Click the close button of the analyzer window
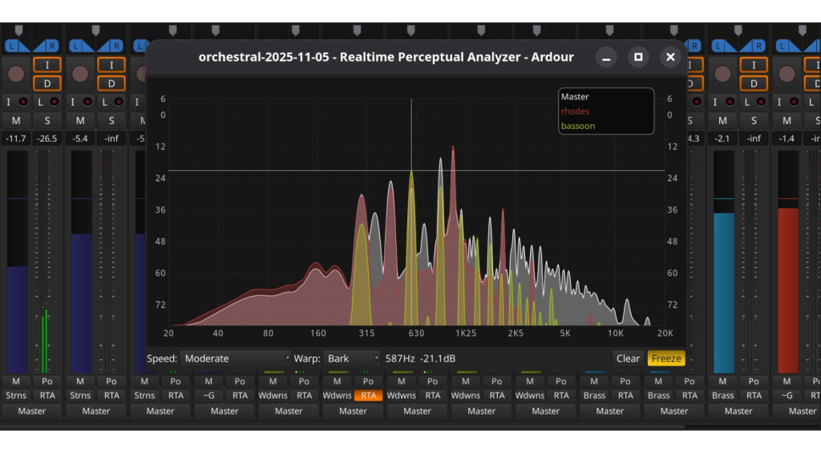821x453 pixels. pyautogui.click(x=670, y=57)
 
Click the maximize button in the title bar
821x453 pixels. pyautogui.click(x=638, y=57)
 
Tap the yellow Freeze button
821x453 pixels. pyautogui.click(x=666, y=358)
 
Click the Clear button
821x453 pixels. pyautogui.click(x=628, y=358)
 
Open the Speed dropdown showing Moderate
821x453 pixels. pyautogui.click(x=236, y=358)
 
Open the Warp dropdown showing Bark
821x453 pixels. pyautogui.click(x=353, y=358)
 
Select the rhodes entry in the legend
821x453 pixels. pyautogui.click(x=575, y=111)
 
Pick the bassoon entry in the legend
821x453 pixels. pyautogui.click(x=578, y=126)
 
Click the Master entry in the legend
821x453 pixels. pyautogui.click(x=575, y=97)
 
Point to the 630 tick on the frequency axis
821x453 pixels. pyautogui.click(x=416, y=334)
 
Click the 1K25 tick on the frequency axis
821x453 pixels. pyautogui.click(x=466, y=334)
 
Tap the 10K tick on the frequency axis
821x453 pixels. pyautogui.click(x=615, y=334)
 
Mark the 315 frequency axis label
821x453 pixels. pyautogui.click(x=366, y=334)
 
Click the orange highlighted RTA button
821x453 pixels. pyautogui.click(x=368, y=395)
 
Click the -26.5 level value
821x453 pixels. pyautogui.click(x=47, y=139)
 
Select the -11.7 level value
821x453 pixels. pyautogui.click(x=16, y=139)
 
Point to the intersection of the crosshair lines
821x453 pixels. pyautogui.click(x=411, y=171)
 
